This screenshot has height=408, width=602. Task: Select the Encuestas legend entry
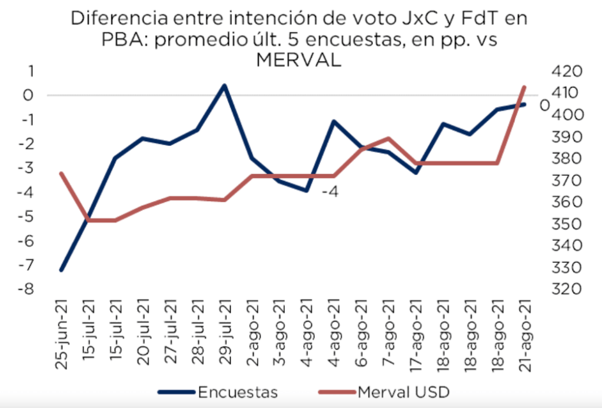click(x=238, y=392)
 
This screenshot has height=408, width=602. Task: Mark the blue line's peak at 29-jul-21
click(x=224, y=85)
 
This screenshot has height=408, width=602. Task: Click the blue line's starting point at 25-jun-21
click(x=61, y=270)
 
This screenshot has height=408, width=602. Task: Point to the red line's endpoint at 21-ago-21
click(x=524, y=87)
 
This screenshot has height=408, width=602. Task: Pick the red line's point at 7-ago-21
click(x=388, y=139)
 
